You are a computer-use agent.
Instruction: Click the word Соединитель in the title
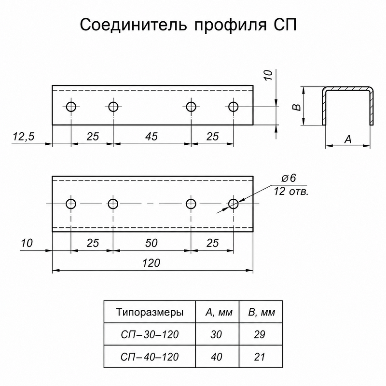point(133,25)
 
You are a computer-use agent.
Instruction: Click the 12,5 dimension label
point(24,137)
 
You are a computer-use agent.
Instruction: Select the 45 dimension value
point(151,137)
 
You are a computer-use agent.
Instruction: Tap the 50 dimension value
point(151,243)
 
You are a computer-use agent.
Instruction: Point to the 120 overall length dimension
point(151,263)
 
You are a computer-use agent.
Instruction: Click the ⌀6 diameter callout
point(289,178)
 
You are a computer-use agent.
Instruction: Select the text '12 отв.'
point(291,191)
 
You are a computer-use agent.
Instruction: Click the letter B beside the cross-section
point(297,107)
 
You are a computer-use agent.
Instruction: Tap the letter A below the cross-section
point(348,139)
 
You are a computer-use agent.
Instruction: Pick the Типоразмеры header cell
point(150,312)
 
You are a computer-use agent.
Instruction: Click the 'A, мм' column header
point(219,312)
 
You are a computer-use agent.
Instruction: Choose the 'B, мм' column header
point(262,312)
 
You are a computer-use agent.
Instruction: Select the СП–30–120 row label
point(150,334)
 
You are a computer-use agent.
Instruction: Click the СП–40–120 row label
point(150,357)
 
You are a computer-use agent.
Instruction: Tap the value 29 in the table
point(260,334)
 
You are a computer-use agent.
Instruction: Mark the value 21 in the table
point(260,357)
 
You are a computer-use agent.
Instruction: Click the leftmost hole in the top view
point(71,107)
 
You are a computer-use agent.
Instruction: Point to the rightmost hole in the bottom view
point(233,204)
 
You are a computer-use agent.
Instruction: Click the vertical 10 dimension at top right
point(268,75)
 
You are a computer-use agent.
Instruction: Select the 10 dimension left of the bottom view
point(27,243)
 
